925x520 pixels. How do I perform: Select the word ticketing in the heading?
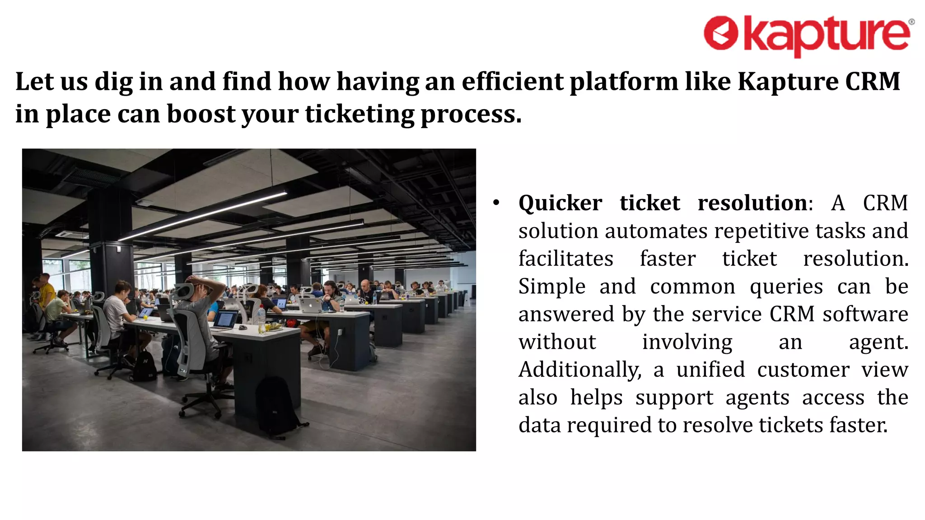pyautogui.click(x=359, y=114)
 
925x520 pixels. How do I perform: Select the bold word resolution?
pyautogui.click(x=752, y=203)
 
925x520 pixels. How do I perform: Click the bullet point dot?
pyautogui.click(x=496, y=203)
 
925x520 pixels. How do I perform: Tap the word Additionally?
pyautogui.click(x=580, y=370)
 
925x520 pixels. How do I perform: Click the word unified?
pyautogui.click(x=710, y=370)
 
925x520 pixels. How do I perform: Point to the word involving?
pyautogui.click(x=687, y=342)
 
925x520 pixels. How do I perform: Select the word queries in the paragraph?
pyautogui.click(x=786, y=287)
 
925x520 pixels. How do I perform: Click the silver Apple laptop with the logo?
pyautogui.click(x=310, y=306)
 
